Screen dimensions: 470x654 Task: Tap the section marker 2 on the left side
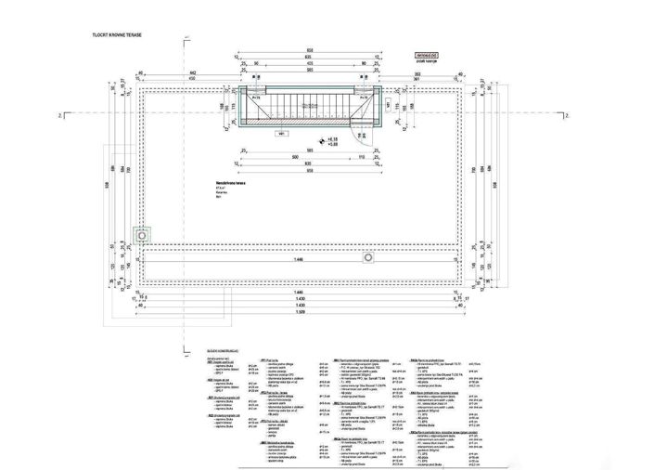[x=58, y=115]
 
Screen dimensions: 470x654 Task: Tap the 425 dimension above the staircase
[x=297, y=64]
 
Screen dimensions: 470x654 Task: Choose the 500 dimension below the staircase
[x=292, y=159]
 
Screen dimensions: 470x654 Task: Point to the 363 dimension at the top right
[x=419, y=72]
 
